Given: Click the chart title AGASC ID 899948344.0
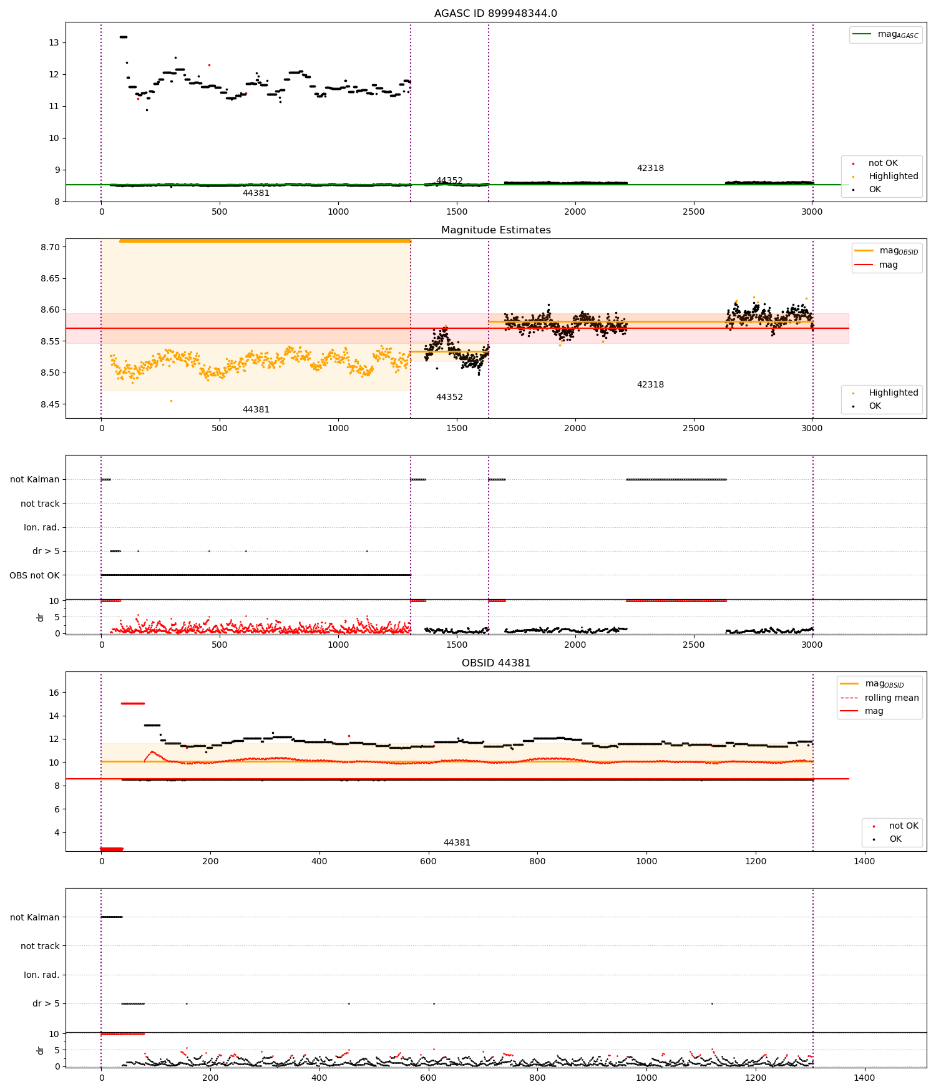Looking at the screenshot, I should coord(495,14).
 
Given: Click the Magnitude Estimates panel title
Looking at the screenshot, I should coord(495,230).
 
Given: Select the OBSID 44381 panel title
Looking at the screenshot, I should coord(495,663).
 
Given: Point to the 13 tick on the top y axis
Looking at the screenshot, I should coord(54,42).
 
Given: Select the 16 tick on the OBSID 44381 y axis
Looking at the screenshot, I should coord(54,693).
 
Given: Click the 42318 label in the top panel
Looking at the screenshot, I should coord(650,168).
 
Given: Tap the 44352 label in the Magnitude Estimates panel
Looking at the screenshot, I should coord(449,397).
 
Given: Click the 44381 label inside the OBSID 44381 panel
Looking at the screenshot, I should coord(457,843).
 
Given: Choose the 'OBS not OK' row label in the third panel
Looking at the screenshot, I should coord(34,575).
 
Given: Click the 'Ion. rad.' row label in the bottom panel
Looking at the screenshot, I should coord(41,975).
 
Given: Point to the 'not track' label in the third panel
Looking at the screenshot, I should coord(40,504).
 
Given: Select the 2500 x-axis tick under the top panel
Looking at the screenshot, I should coord(693,212).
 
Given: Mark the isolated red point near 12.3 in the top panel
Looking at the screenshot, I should coord(209,65).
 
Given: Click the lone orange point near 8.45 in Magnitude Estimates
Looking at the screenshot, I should coord(171,401).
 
